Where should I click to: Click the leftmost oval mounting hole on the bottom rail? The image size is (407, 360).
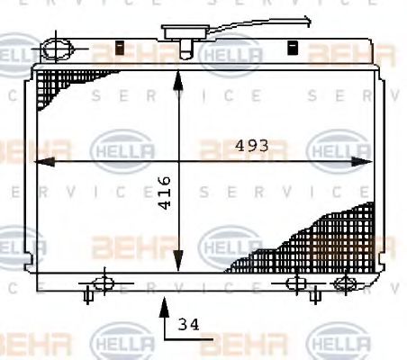point(104,282)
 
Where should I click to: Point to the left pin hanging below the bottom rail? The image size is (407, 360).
point(88,294)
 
